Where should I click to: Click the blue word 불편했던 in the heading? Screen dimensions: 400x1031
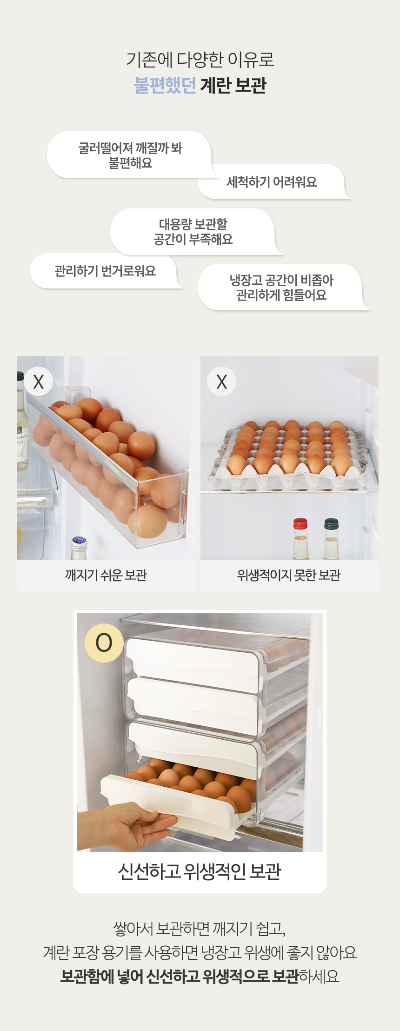tap(165, 86)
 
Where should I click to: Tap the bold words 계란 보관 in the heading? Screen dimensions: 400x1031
tap(233, 86)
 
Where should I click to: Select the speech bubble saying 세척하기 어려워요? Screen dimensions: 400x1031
tap(273, 182)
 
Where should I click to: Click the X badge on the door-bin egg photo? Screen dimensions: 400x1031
tap(39, 382)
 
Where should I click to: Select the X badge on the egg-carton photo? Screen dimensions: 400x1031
tap(222, 382)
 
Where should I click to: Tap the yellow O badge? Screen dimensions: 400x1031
tap(104, 643)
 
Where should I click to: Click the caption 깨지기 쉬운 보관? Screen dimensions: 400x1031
tap(106, 576)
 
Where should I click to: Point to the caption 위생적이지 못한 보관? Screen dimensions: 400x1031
tap(289, 576)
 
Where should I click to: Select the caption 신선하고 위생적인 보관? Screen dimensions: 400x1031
tap(200, 871)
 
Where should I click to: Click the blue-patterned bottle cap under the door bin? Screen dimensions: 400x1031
tap(79, 542)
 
